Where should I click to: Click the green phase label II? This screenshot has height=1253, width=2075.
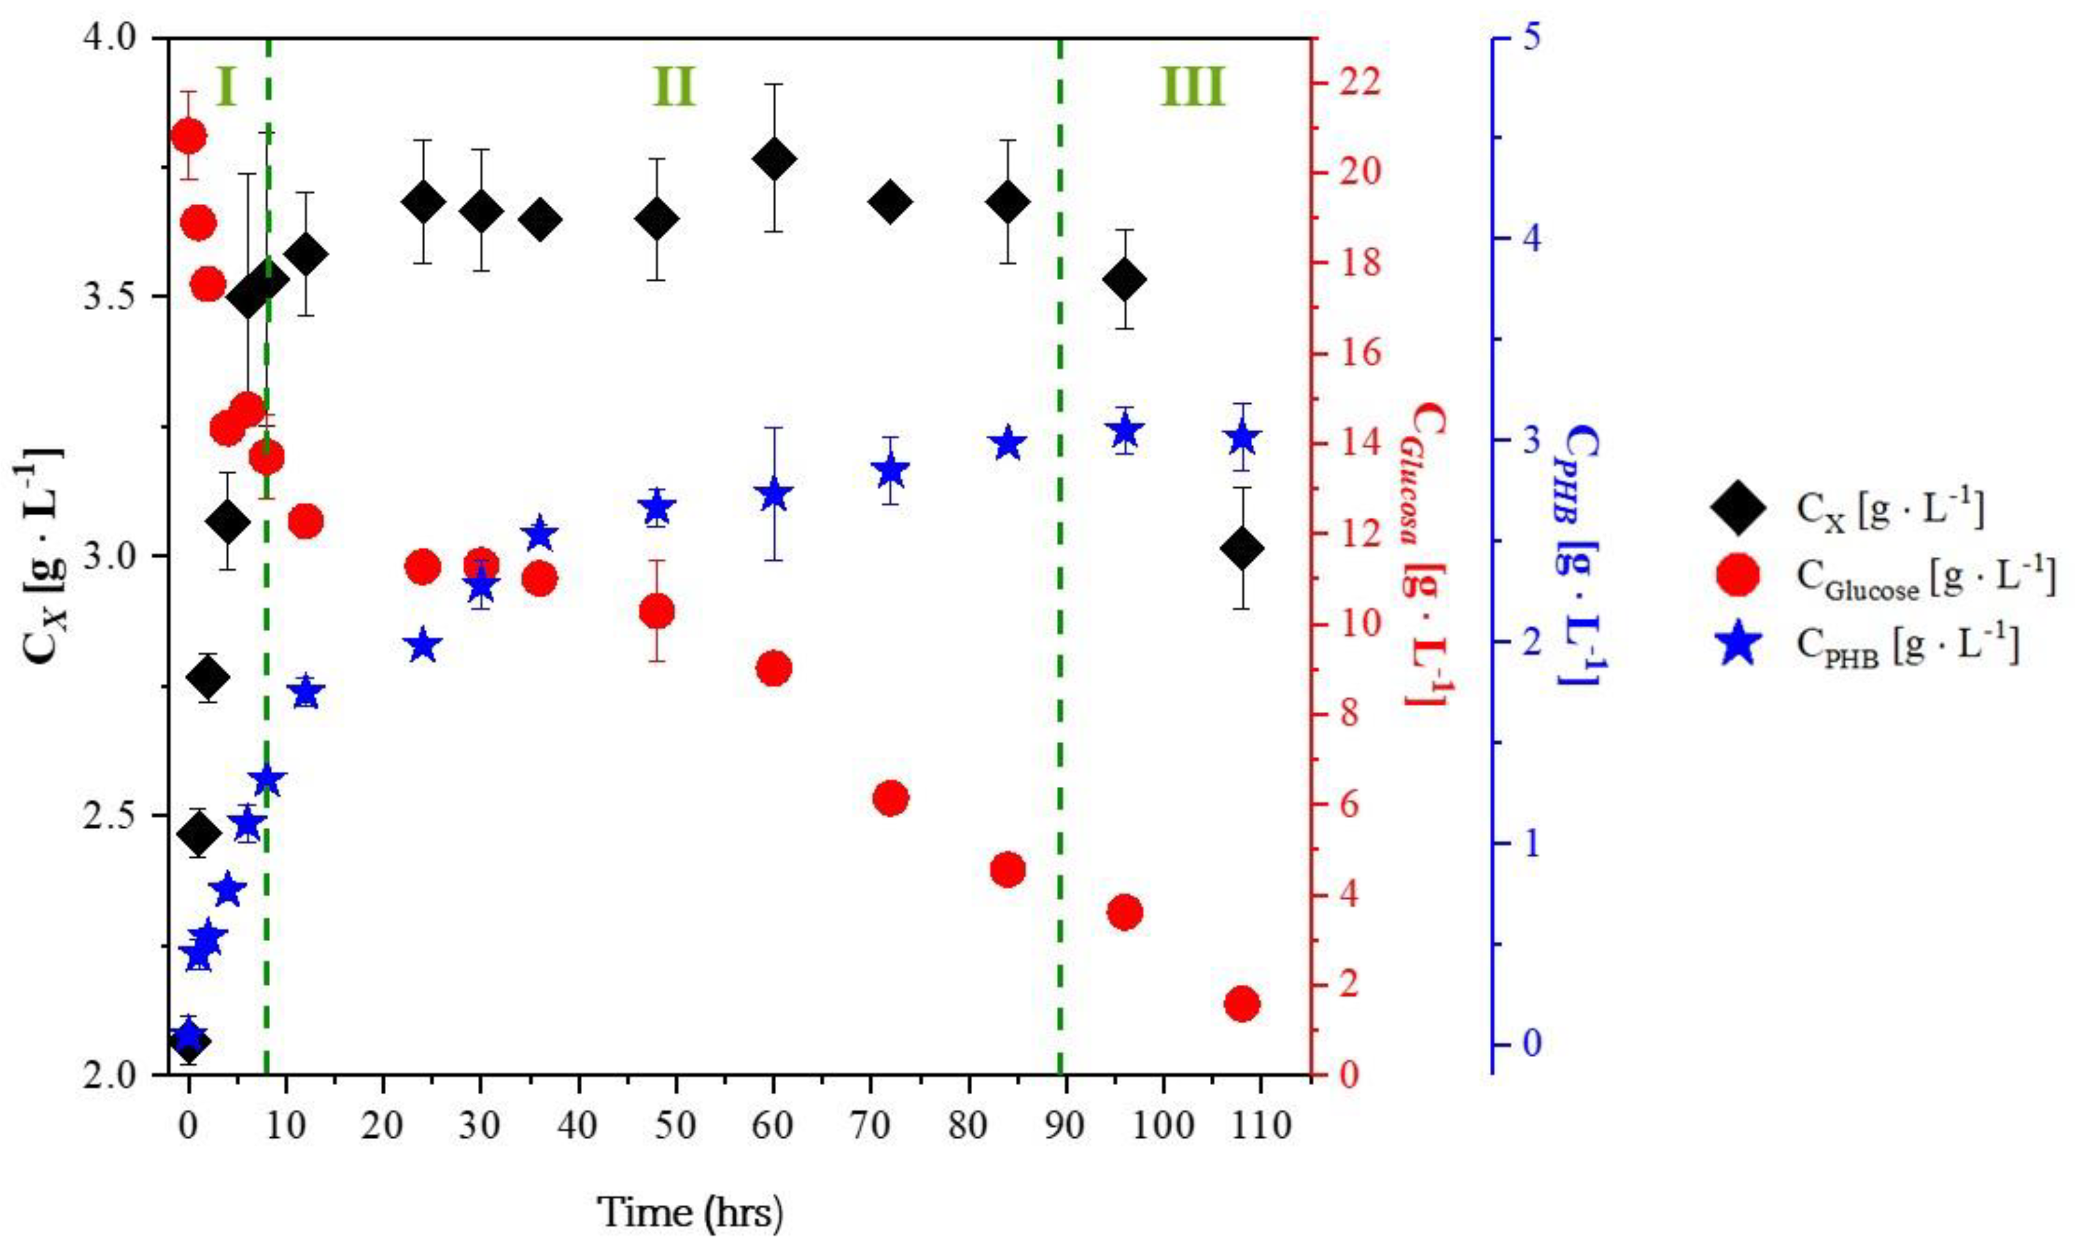click(x=674, y=87)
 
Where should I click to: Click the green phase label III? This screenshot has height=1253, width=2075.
click(x=1192, y=87)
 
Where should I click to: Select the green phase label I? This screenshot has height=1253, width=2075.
click(x=225, y=87)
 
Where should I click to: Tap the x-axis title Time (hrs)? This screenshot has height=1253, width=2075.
click(x=690, y=1213)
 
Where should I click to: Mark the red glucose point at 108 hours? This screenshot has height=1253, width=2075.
click(x=1241, y=1004)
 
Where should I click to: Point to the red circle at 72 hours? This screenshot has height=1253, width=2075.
click(x=890, y=797)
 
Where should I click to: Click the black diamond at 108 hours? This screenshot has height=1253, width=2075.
click(x=1241, y=549)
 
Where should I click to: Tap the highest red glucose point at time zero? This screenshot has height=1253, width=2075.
click(x=188, y=135)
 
